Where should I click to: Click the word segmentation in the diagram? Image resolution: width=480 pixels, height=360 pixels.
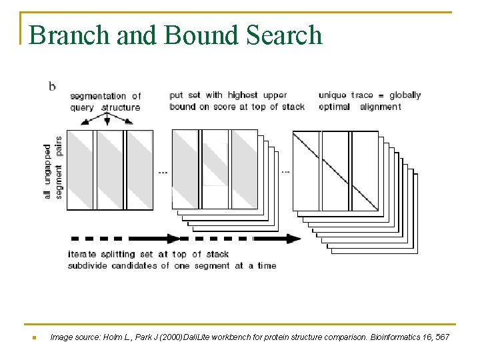[97, 97]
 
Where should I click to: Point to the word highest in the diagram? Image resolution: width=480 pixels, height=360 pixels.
[243, 95]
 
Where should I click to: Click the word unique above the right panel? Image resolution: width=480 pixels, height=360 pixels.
[333, 95]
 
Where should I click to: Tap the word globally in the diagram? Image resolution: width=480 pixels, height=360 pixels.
[405, 95]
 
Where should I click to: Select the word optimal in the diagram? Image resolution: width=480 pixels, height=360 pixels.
[334, 107]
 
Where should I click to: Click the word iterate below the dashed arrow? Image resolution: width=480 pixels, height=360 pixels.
[82, 254]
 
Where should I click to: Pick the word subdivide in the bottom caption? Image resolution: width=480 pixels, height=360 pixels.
[89, 265]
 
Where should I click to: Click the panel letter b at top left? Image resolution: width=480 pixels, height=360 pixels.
[51, 85]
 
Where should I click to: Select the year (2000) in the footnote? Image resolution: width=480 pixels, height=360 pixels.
[192, 338]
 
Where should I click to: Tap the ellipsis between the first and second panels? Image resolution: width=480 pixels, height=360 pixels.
[163, 171]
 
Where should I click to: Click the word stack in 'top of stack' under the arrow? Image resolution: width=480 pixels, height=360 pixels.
[217, 254]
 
